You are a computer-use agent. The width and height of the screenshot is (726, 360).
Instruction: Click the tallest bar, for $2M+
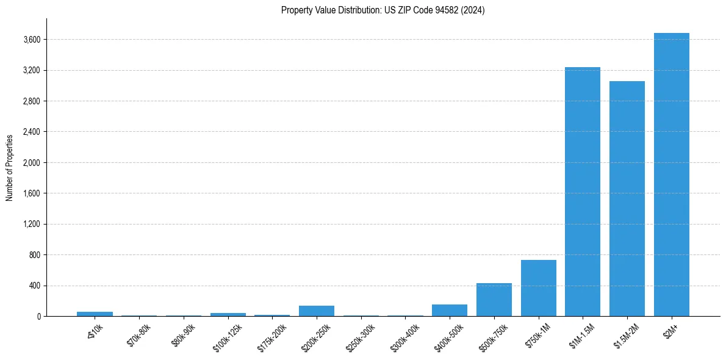tap(671, 175)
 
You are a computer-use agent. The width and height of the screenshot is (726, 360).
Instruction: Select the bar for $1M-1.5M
tap(583, 192)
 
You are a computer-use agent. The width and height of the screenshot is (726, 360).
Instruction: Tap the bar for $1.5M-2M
tap(627, 198)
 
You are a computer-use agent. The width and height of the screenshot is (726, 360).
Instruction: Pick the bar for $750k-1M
tap(538, 288)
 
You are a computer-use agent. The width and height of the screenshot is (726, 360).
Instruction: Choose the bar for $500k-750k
tap(494, 300)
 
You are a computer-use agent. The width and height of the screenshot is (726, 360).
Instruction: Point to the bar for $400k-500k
tap(450, 310)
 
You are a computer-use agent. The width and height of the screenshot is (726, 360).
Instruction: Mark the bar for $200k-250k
tap(317, 311)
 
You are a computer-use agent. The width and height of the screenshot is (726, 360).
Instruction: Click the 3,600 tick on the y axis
tap(31, 40)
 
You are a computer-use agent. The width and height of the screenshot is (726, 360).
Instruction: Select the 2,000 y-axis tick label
tap(31, 163)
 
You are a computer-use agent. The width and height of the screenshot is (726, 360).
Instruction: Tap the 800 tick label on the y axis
tap(35, 255)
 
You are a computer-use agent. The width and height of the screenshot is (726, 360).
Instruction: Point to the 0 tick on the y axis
tap(38, 317)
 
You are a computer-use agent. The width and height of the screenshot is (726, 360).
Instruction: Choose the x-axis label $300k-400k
tap(404, 335)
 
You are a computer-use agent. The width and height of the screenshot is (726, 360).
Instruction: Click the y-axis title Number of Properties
tap(10, 167)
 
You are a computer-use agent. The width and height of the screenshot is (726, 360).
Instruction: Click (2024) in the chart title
tap(473, 10)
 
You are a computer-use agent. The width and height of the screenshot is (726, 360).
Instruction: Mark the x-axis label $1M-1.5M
tap(582, 334)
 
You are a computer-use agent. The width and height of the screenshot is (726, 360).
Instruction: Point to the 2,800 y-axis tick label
tap(31, 101)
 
